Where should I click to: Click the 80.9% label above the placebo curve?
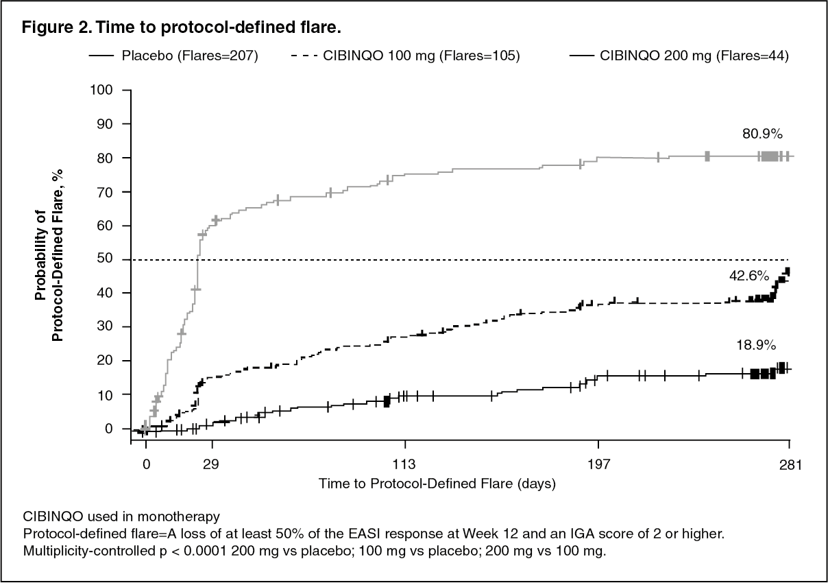[x=762, y=134]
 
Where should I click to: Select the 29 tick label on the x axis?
[x=212, y=465]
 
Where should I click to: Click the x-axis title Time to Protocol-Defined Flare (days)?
[x=437, y=484]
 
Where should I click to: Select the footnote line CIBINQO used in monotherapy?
[x=121, y=515]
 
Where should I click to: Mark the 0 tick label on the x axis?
[x=146, y=465]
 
